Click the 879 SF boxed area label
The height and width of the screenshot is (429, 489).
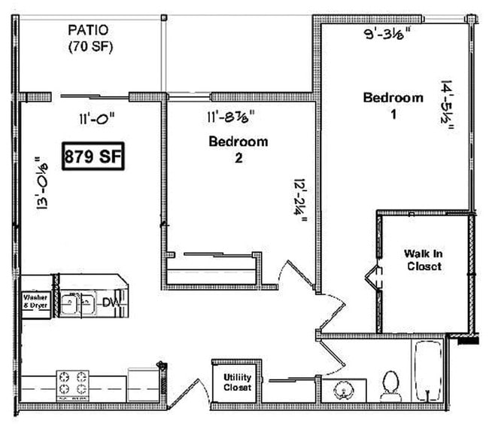[x=93, y=157]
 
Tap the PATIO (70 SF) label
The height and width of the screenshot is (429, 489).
[x=88, y=38]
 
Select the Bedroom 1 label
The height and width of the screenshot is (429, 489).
[x=393, y=105]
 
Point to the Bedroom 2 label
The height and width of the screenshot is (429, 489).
[x=238, y=149]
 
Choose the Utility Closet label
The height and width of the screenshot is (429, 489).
[x=238, y=382]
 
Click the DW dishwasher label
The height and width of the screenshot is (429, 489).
[x=111, y=303]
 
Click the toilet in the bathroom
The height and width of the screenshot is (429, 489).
[x=390, y=385]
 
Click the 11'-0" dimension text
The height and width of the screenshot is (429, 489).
[x=98, y=117]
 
